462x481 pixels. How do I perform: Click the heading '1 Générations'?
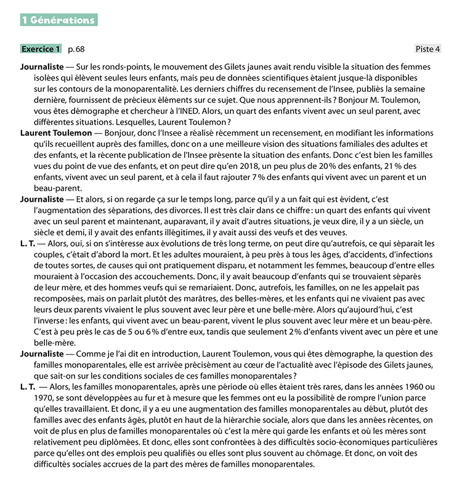59,20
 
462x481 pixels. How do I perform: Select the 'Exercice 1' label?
41,49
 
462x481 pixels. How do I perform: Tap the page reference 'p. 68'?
76,49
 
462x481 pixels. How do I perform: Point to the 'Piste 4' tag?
428,49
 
